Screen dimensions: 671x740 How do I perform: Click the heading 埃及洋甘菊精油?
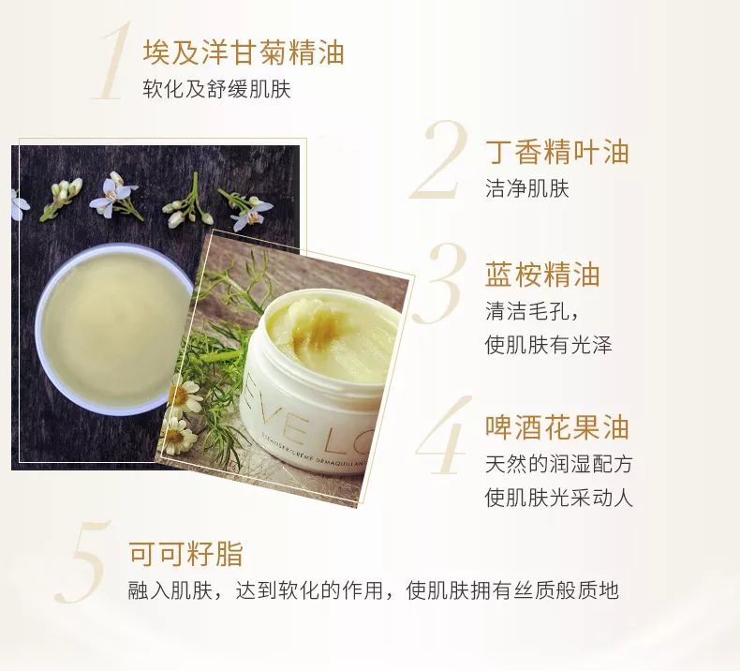pyautogui.click(x=243, y=52)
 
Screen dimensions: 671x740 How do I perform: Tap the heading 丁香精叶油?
pyautogui.click(x=556, y=152)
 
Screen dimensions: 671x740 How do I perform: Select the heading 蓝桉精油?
pyautogui.click(x=541, y=275)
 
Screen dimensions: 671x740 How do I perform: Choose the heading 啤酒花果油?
pyautogui.click(x=556, y=427)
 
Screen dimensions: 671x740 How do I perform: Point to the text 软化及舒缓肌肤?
pyautogui.click(x=216, y=89)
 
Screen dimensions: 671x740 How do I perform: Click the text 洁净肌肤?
pyautogui.click(x=526, y=188)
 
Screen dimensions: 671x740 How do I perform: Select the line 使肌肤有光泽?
pyautogui.click(x=548, y=344)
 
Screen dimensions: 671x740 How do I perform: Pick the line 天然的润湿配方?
pyautogui.click(x=558, y=464)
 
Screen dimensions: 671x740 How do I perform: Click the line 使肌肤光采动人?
pyautogui.click(x=558, y=497)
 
